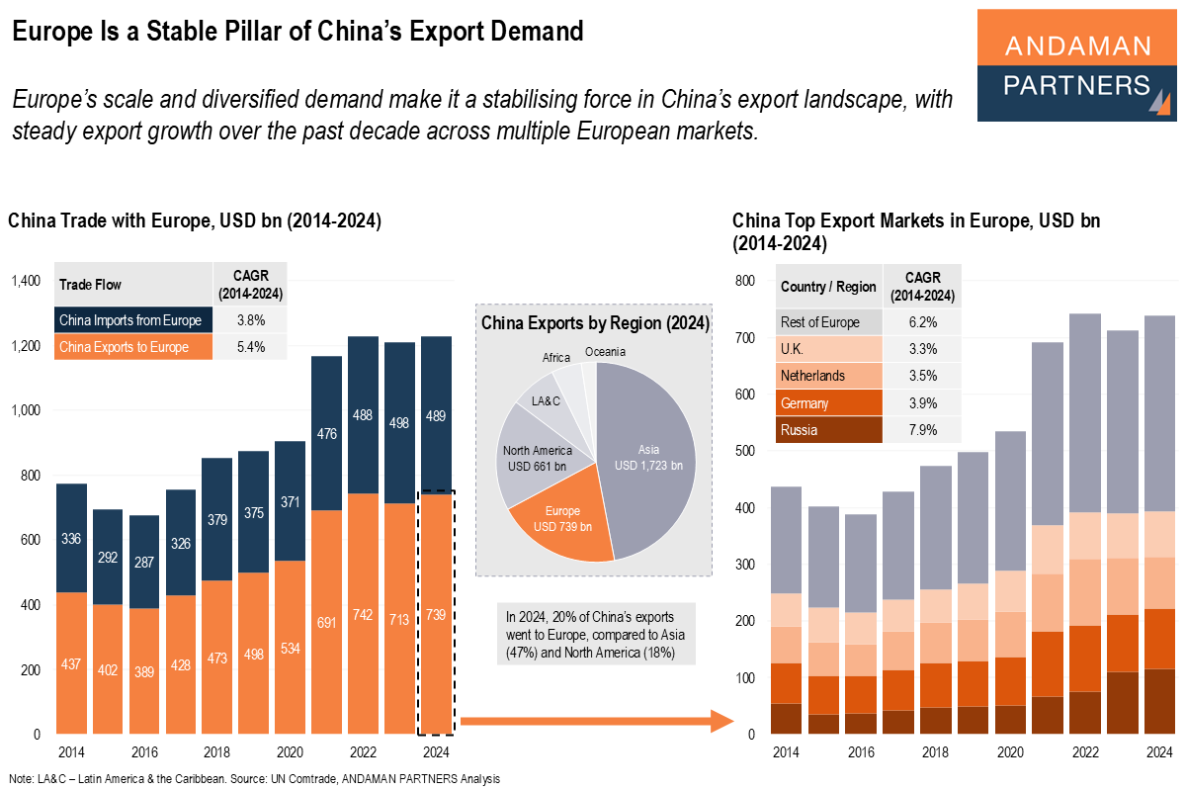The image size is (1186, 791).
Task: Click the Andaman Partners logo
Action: pyautogui.click(x=1077, y=65)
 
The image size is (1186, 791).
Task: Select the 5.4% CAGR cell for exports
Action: pyautogui.click(x=249, y=347)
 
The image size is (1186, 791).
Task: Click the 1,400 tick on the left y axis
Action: pyautogui.click(x=26, y=282)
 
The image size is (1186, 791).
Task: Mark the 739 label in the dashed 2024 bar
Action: pyautogui.click(x=435, y=615)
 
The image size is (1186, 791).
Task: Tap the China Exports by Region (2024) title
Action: pyautogui.click(x=594, y=322)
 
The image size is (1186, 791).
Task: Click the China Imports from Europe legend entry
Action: pyautogui.click(x=132, y=320)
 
